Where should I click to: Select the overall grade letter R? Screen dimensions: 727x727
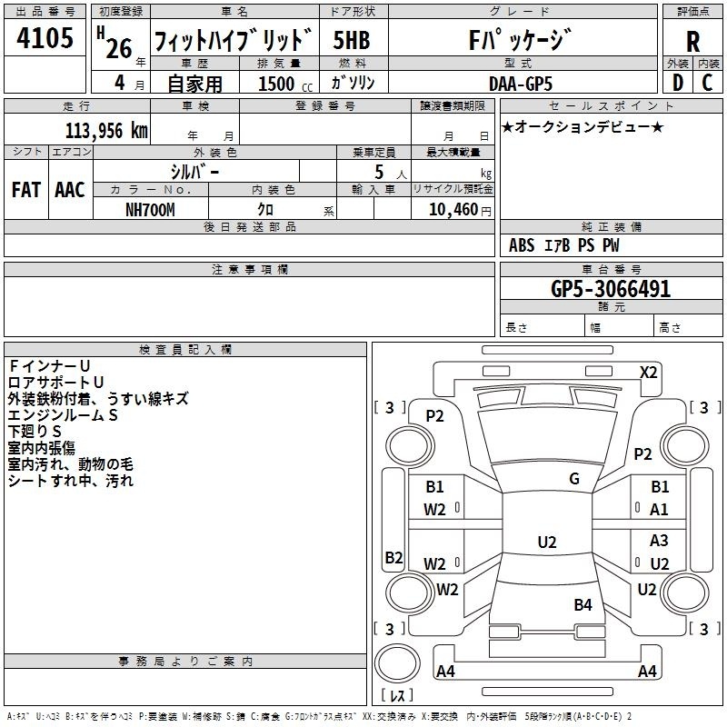[x=693, y=41]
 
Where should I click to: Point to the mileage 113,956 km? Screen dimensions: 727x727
[x=106, y=130]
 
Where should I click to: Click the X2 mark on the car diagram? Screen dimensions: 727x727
[x=648, y=373]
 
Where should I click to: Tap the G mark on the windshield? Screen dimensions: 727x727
[x=573, y=479]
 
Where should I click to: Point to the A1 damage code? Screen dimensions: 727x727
[x=660, y=510]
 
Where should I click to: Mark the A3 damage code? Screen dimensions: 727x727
[x=660, y=541]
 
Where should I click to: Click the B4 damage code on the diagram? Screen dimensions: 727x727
[x=583, y=604]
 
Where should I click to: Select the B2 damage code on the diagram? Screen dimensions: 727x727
[x=393, y=557]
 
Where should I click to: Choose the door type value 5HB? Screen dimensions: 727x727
[x=352, y=41]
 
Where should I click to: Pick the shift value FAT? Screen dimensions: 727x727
[x=25, y=190]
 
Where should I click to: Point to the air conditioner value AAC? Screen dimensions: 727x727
[x=70, y=190]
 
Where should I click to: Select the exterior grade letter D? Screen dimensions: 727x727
[x=677, y=83]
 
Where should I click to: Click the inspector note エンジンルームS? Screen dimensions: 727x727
[x=64, y=414]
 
